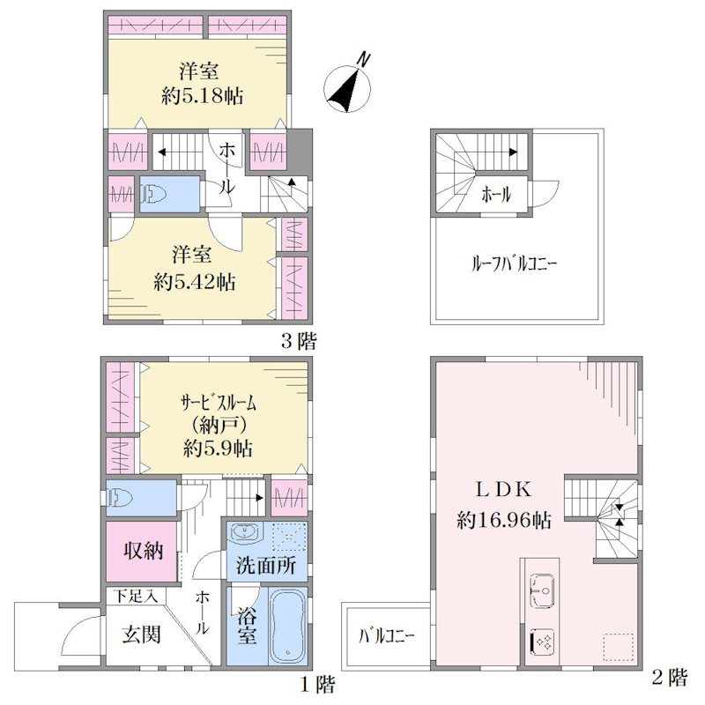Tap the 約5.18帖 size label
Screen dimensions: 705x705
click(203, 96)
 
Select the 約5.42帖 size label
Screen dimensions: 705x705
click(194, 282)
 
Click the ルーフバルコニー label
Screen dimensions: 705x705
click(514, 263)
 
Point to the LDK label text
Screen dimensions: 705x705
click(503, 490)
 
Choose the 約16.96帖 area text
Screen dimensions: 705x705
click(503, 520)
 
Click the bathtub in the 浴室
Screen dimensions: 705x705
click(288, 626)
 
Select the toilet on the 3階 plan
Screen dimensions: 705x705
click(152, 195)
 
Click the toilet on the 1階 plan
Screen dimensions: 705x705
click(119, 498)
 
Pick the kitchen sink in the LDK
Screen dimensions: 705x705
click(542, 590)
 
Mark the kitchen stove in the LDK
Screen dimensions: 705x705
click(542, 642)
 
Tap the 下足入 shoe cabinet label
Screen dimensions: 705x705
click(135, 597)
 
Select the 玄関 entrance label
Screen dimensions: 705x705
click(141, 634)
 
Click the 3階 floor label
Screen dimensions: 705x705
click(299, 341)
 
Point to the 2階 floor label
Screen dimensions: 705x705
click(670, 677)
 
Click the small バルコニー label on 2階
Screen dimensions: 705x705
click(387, 636)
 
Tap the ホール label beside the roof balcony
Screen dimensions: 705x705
click(496, 195)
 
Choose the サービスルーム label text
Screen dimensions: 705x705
click(218, 403)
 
